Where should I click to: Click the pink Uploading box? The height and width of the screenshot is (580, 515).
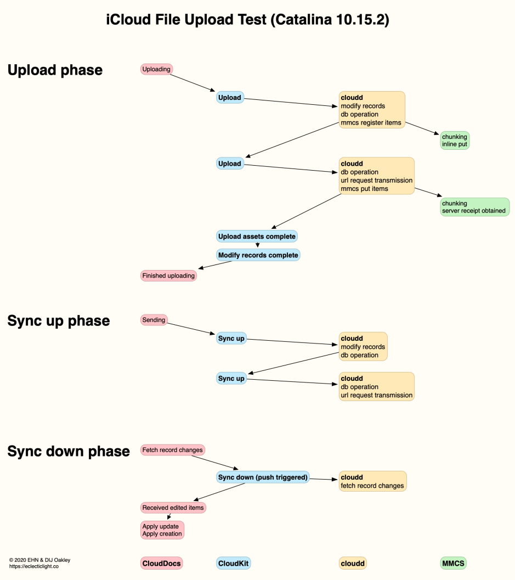[156, 69]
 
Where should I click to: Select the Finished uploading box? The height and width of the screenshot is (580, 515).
[168, 275]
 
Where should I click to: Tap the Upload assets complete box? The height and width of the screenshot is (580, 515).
[257, 236]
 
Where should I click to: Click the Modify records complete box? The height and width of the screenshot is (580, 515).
[258, 255]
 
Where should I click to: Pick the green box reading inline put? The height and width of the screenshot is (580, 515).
[454, 140]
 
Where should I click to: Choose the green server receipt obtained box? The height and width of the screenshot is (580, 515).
[474, 207]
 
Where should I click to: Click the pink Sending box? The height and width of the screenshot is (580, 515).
[154, 319]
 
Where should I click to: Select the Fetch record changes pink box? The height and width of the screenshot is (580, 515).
[172, 450]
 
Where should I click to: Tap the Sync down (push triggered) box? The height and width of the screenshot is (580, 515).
[263, 477]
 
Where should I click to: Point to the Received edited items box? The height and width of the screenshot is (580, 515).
[173, 508]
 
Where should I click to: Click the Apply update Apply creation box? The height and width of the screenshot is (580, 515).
[162, 530]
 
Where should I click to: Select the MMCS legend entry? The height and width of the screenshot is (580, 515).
[454, 563]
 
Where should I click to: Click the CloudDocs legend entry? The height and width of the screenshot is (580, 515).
[161, 563]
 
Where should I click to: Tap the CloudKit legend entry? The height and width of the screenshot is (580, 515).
[234, 563]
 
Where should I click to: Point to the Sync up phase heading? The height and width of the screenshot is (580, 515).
[59, 321]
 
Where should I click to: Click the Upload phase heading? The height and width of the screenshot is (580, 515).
[55, 70]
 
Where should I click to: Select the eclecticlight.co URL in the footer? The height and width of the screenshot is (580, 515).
[34, 566]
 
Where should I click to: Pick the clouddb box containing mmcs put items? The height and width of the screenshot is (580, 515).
[376, 176]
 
